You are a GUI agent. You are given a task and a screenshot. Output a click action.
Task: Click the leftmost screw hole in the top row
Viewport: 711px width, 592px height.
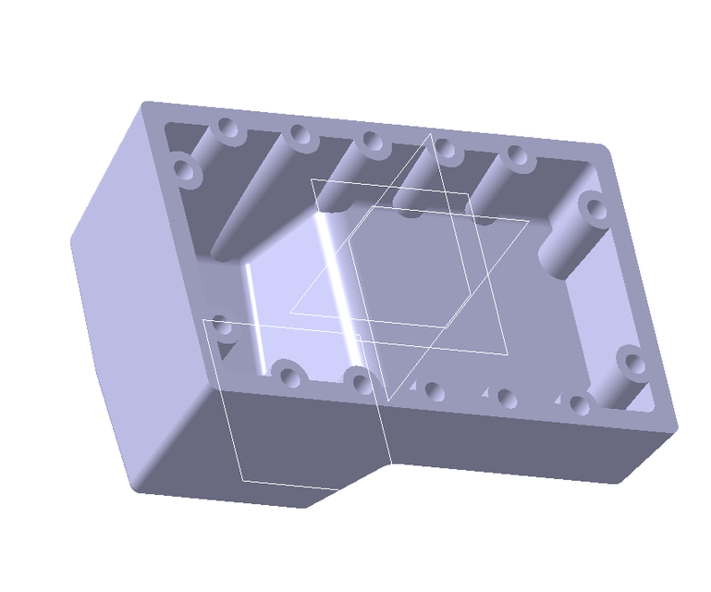[x=227, y=129]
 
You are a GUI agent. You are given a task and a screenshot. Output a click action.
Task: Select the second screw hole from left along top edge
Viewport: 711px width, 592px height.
[x=298, y=135]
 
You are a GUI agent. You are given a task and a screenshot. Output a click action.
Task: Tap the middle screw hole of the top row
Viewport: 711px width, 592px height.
[x=371, y=142]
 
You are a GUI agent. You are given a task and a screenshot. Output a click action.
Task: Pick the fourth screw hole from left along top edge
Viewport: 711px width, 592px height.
[x=447, y=149]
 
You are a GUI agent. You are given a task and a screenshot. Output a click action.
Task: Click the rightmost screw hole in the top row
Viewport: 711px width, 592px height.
[x=517, y=155]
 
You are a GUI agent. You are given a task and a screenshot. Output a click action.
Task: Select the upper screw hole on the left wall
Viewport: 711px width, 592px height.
[x=184, y=170]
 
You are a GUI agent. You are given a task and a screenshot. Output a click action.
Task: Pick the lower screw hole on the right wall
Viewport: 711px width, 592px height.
[x=631, y=362]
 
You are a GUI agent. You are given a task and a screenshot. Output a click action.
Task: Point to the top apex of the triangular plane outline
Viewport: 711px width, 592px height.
[x=429, y=136]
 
